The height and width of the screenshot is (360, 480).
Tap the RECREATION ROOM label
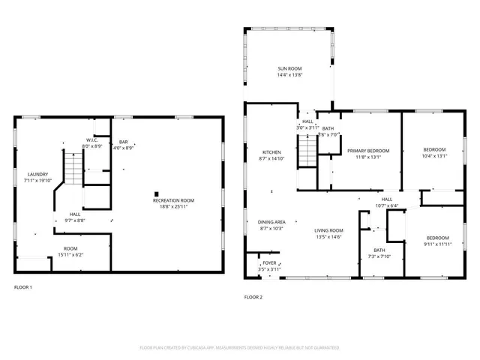173,200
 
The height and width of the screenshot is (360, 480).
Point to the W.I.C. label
91,139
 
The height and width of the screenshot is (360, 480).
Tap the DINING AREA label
271,221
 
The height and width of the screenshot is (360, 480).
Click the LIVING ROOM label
328,230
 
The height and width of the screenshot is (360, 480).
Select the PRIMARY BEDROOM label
367,151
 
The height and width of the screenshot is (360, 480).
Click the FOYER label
268,263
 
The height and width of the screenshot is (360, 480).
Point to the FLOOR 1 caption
23,287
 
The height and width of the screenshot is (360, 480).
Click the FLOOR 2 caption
253,297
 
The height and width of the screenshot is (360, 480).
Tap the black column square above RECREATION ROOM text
157,191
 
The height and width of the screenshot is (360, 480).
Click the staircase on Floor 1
72,163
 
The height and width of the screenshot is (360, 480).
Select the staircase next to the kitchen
307,153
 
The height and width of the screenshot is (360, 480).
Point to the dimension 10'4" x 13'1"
433,157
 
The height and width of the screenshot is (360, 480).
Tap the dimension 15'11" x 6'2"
70,254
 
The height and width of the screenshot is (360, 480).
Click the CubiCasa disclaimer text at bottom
239,347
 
